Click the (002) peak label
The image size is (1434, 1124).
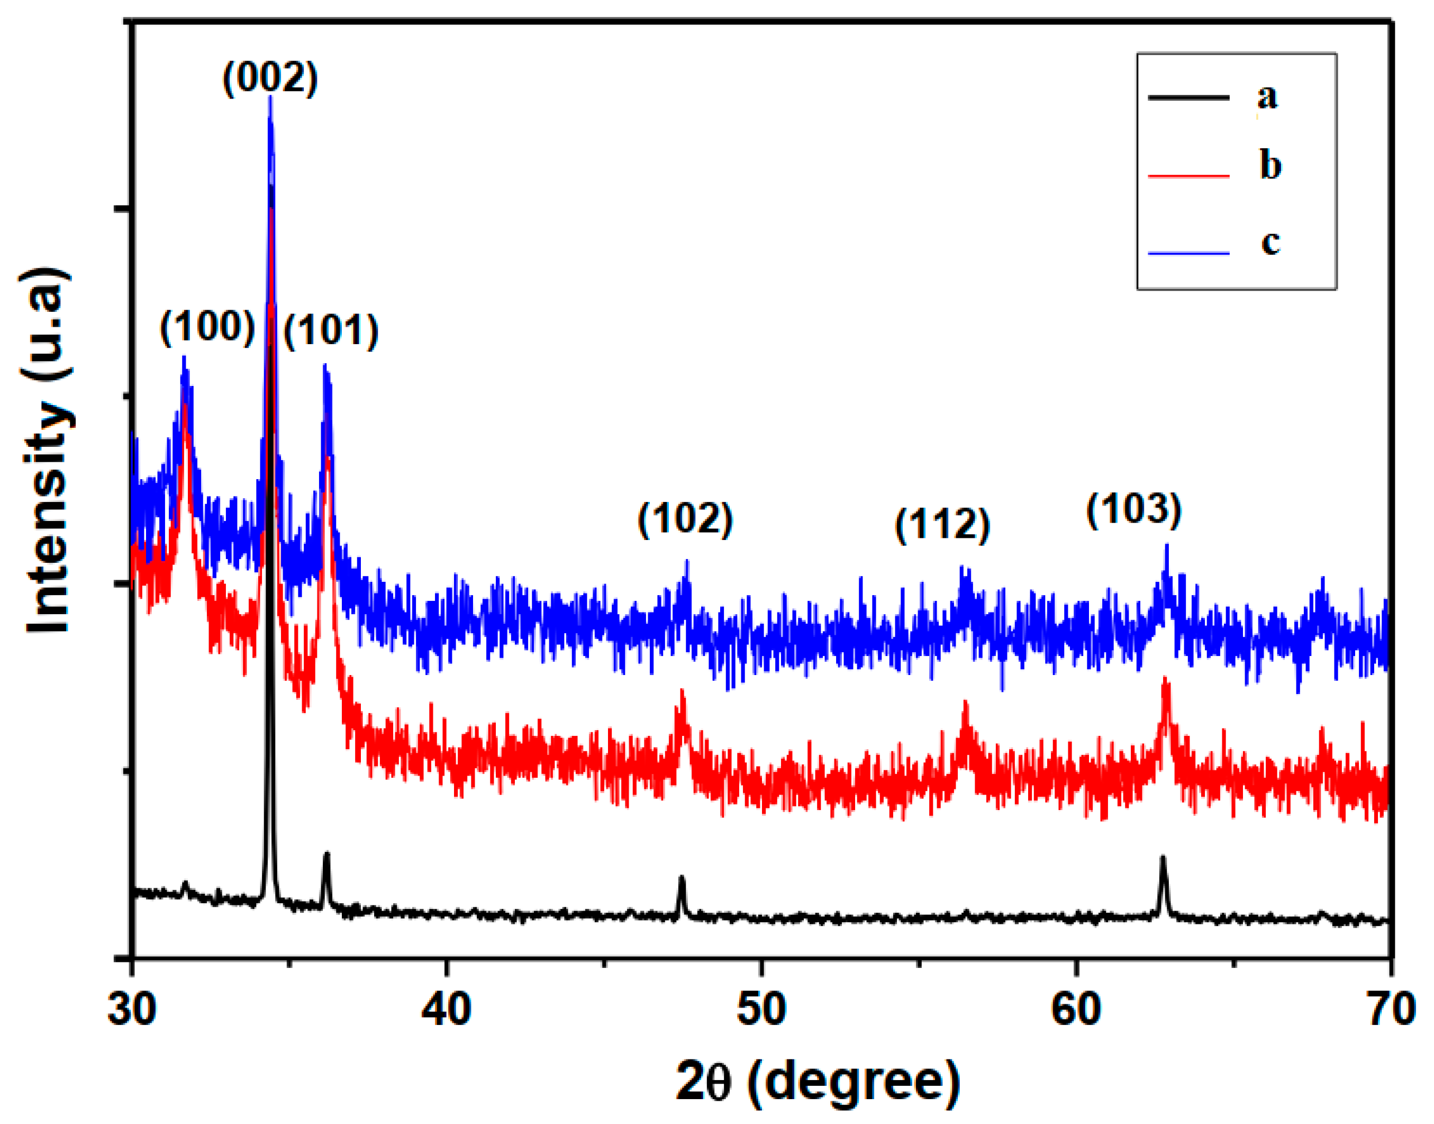click(270, 78)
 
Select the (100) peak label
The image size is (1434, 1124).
click(207, 327)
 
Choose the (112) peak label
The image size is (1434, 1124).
click(942, 525)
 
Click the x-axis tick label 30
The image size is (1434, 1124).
click(132, 1009)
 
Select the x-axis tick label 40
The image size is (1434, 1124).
click(447, 1009)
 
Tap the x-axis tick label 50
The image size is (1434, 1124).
click(761, 1009)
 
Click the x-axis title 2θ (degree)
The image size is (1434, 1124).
click(818, 1083)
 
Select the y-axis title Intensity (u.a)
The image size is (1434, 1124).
click(48, 450)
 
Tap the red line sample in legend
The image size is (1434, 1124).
click(1188, 176)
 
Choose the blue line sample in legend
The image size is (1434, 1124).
click(1188, 253)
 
